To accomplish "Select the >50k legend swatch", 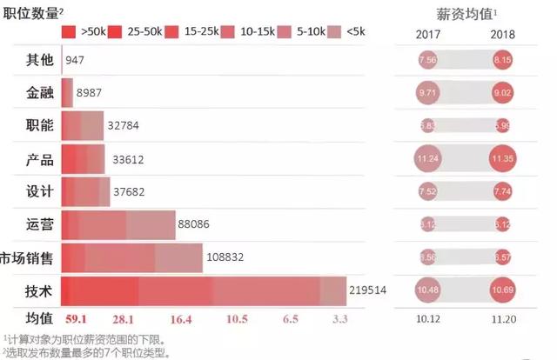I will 69,32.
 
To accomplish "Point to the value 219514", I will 366,290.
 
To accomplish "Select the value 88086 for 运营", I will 195,223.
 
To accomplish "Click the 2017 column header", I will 428,35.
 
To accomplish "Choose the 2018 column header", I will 502,35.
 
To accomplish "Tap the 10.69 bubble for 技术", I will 502,289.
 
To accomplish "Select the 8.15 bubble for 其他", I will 502,62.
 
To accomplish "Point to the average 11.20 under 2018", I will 502,319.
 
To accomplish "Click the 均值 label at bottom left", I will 39,318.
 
